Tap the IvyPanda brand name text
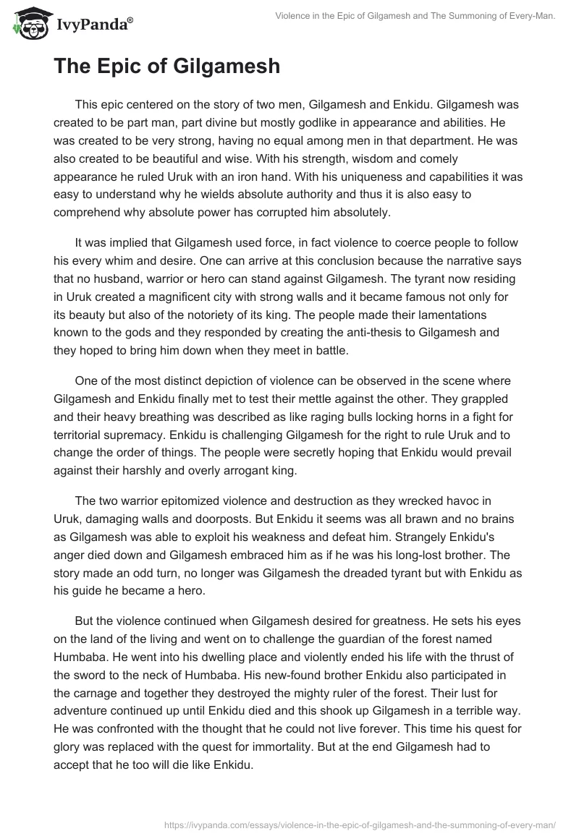click(x=93, y=26)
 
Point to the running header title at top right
click(x=415, y=14)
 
